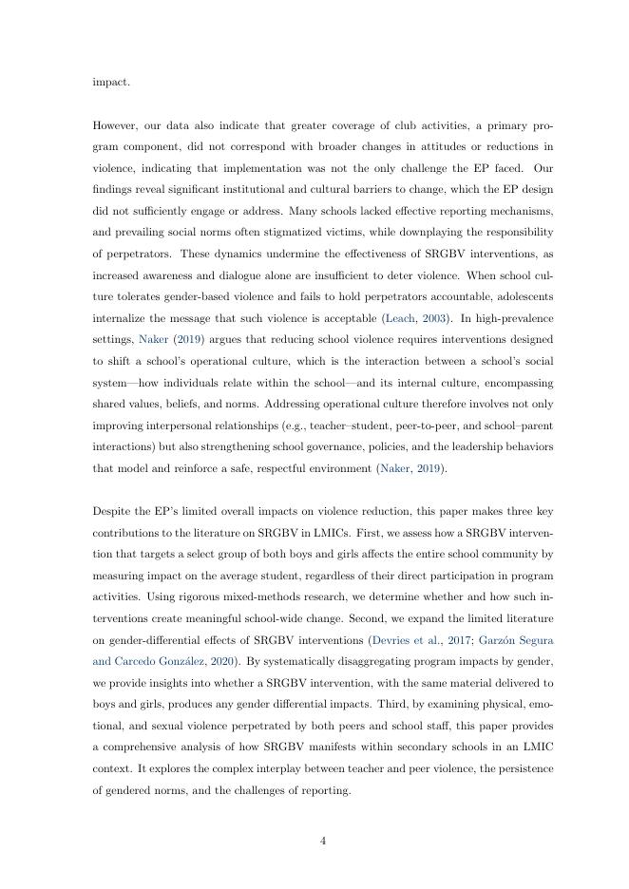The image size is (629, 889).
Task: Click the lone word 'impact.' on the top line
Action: [x=111, y=82]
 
